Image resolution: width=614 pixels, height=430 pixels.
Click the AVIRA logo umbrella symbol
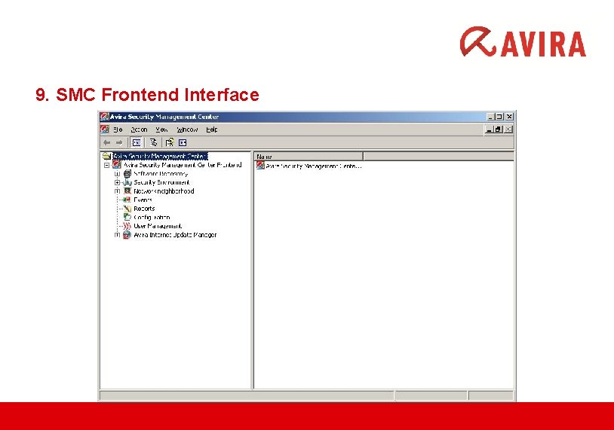[x=477, y=41]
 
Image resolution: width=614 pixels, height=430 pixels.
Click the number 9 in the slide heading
[x=40, y=96]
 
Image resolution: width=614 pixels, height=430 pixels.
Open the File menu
[x=118, y=130]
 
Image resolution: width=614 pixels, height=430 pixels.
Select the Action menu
[x=139, y=130]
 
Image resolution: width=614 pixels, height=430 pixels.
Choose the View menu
[x=161, y=130]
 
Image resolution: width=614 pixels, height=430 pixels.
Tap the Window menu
[x=187, y=130]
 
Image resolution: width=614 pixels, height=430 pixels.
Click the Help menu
[x=212, y=130]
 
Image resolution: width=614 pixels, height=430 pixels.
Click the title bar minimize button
[x=490, y=117]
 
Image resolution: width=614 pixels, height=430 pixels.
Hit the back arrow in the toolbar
[x=106, y=142]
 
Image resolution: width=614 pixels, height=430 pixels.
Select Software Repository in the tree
[x=161, y=174]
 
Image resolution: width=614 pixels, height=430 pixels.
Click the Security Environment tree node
[x=161, y=182]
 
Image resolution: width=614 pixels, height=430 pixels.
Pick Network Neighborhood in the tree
[x=164, y=191]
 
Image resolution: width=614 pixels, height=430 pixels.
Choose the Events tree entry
[x=143, y=200]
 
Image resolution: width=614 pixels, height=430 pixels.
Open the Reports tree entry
[x=144, y=209]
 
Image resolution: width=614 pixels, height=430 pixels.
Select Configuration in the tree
[x=152, y=218]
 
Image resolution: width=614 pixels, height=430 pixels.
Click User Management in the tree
[x=158, y=226]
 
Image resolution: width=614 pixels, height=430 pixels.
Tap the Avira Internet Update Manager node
[x=175, y=235]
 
